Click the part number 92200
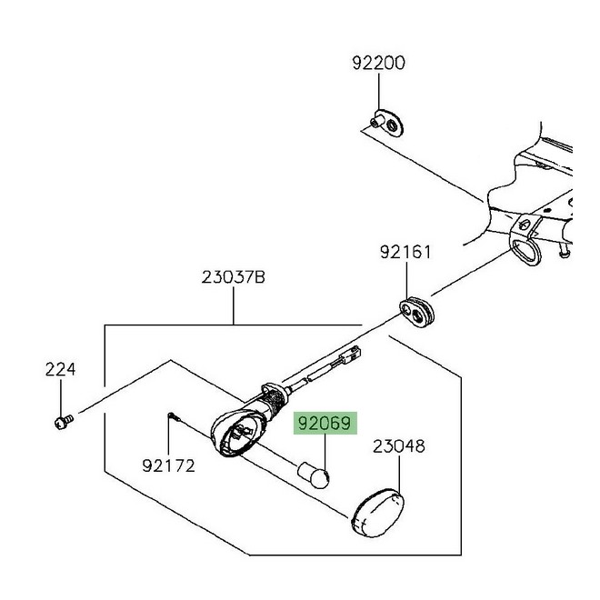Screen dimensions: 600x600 tap(378, 64)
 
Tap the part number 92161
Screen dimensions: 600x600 tap(405, 252)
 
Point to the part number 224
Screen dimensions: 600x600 tap(61, 370)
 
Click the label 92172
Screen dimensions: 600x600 tap(168, 465)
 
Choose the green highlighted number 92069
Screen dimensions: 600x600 tap(325, 424)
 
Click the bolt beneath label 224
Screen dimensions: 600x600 tap(61, 421)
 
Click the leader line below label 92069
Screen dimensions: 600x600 tap(325, 449)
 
